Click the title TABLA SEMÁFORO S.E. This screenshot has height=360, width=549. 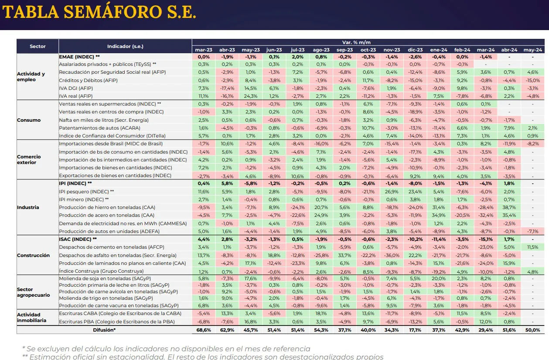99,13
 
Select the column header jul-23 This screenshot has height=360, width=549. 297,50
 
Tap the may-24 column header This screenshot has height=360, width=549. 533,50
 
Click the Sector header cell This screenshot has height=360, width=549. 38,46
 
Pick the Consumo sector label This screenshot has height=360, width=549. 29,120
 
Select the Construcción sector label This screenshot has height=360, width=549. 33,255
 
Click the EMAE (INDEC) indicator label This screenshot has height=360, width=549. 79,57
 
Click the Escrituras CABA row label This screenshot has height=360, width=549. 120,313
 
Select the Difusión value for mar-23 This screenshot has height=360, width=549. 204,330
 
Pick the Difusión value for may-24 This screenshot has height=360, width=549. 533,330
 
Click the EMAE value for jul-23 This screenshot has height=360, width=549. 297,57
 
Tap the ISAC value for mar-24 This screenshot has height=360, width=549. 485,239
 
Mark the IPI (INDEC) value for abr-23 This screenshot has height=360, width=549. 227,183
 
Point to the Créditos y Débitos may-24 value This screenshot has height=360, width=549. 533,80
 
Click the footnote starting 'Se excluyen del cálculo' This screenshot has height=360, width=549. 166,349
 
